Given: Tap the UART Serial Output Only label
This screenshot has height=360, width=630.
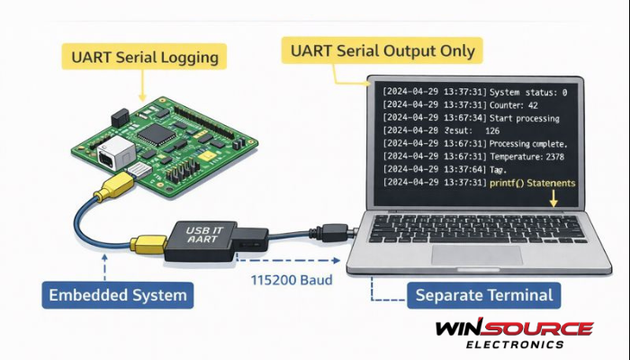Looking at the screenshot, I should click(x=379, y=51).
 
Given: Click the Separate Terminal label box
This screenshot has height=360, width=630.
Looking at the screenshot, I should click(x=484, y=294).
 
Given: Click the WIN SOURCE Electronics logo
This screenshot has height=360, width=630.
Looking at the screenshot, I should click(x=513, y=334).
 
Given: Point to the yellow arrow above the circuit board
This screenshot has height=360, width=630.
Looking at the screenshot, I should click(x=141, y=86).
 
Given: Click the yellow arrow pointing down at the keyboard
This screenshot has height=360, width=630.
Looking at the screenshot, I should click(x=553, y=200).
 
